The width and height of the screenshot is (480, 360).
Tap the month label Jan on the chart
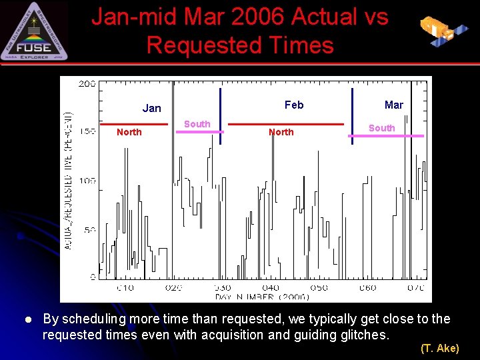tap(152, 108)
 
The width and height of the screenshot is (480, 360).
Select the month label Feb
tap(294, 105)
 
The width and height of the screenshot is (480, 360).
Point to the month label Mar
tap(394, 105)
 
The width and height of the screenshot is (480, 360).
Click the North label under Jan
tap(129, 132)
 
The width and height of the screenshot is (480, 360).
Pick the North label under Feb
tap(281, 132)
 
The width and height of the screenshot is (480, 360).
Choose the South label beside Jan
tap(197, 124)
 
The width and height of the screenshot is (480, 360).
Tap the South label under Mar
tap(382, 128)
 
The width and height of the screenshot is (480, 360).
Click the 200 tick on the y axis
tap(87, 83)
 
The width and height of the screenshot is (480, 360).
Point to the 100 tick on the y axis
tap(87, 181)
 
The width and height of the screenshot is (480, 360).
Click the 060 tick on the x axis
tap(367, 287)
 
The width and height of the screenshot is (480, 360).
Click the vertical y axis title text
tap(69, 180)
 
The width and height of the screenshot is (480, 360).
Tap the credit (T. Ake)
tap(439, 348)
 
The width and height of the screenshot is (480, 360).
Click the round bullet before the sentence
tap(29, 320)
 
